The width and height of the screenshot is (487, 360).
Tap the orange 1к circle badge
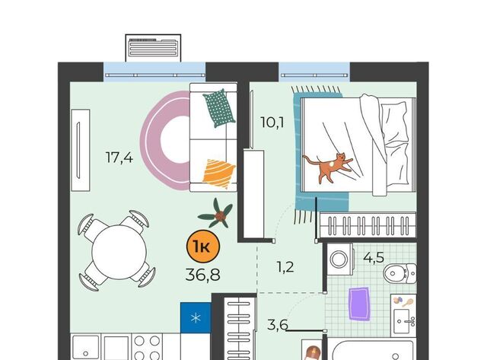coord(203,247)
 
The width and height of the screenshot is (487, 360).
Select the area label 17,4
coord(119,158)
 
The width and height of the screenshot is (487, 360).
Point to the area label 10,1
coord(272,123)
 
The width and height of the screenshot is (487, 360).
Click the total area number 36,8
coord(203,275)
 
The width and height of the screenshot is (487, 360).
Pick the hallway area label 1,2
coord(285,267)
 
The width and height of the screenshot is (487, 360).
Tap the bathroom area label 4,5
coord(374,257)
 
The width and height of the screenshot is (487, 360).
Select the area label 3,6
coord(278,325)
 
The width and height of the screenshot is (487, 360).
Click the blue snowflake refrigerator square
coord(196,317)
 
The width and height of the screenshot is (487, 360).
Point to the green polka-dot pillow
coord(219,108)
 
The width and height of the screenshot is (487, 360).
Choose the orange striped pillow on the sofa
coord(218,174)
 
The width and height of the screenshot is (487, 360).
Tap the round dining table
coord(119,252)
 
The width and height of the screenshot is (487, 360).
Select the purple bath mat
coord(359,304)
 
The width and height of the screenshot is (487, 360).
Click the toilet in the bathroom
coord(399,273)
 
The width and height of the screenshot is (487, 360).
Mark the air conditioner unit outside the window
coord(153,48)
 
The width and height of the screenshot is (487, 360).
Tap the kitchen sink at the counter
coord(86,347)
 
